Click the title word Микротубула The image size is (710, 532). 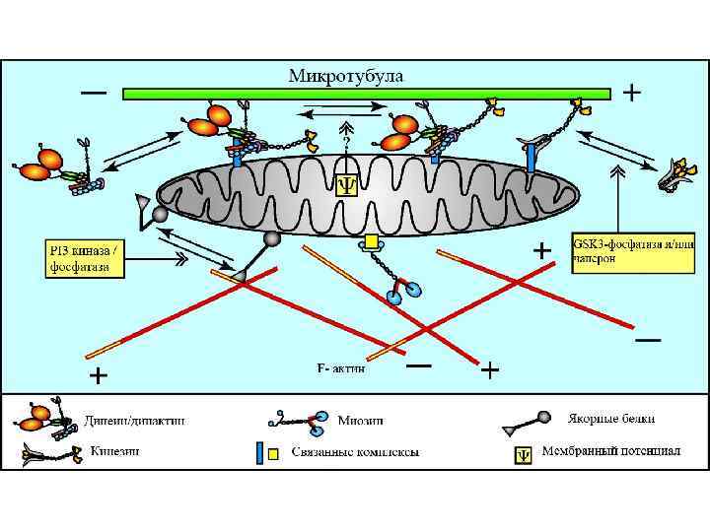(345, 75)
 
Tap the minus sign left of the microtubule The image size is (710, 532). (95, 94)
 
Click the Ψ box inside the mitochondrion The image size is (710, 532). (347, 184)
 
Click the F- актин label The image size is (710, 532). (340, 367)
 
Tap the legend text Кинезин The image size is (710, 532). (116, 451)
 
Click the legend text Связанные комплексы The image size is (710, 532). (362, 452)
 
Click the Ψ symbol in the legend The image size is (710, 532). (525, 454)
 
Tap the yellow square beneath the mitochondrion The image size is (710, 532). (371, 241)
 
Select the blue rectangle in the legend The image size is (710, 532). (260, 453)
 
